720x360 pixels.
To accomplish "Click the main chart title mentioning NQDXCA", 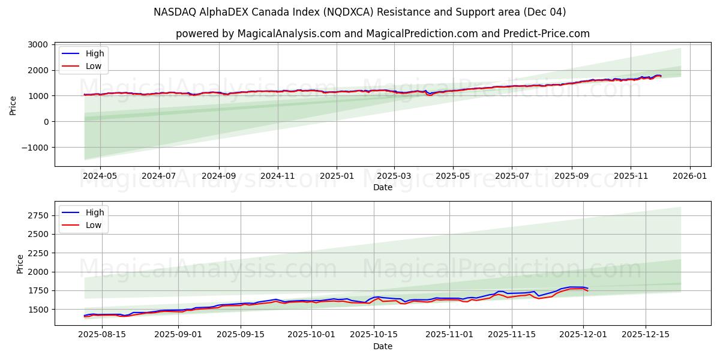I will tap(359, 12).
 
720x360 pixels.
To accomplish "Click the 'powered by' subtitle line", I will tap(382, 34).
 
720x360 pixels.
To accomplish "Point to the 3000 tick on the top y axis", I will tap(37, 45).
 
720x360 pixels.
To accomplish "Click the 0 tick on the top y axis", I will tap(46, 122).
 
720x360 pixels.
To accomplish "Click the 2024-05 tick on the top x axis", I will tap(100, 176).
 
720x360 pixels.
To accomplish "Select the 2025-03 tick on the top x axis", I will tap(394, 176).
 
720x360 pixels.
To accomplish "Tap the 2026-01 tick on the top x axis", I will tap(689, 176).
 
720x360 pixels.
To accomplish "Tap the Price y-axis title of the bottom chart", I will tap(20, 263).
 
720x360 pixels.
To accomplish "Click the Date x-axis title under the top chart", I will tap(382, 187).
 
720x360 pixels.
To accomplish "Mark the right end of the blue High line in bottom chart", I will tap(587, 289).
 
